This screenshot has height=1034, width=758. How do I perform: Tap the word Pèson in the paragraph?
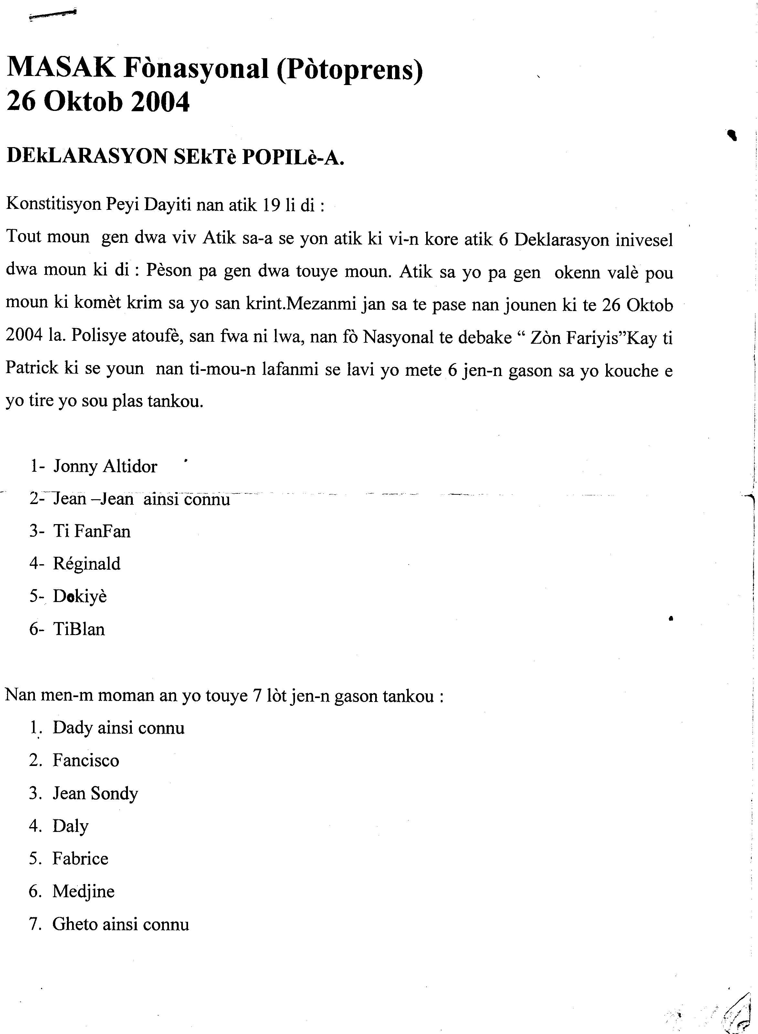click(168, 271)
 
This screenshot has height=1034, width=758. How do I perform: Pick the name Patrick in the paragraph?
click(32, 368)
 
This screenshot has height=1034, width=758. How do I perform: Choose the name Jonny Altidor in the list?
click(105, 467)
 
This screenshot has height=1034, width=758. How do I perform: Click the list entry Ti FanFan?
click(92, 531)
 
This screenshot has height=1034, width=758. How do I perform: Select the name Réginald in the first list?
click(87, 564)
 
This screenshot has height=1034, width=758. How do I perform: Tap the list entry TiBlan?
click(79, 629)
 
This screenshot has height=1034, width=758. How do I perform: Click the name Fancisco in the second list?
click(86, 761)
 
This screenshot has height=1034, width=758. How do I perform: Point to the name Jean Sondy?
click(95, 794)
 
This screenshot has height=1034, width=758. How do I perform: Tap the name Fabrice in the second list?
click(80, 859)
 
